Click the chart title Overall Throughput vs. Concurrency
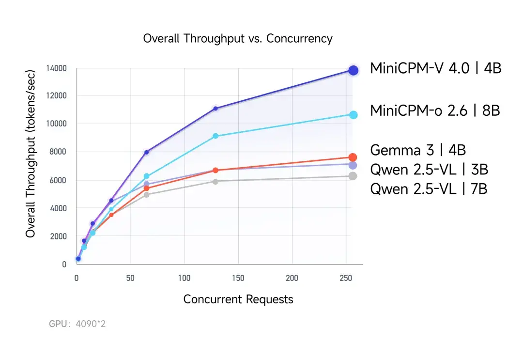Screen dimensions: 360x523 click(x=237, y=39)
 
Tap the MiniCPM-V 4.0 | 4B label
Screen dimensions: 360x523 click(x=435, y=68)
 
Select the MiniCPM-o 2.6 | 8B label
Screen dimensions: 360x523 click(x=435, y=111)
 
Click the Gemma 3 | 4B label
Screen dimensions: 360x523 click(x=417, y=150)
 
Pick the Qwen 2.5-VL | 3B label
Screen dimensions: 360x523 click(x=429, y=170)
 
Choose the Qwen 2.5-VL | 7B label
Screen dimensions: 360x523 click(x=429, y=188)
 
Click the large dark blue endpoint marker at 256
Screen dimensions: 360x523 click(x=354, y=70)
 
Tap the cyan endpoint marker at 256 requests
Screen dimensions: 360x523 click(x=353, y=115)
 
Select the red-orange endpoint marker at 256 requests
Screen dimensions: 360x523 click(x=353, y=157)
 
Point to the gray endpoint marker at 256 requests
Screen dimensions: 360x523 click(x=353, y=176)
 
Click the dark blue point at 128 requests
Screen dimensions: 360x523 click(x=215, y=109)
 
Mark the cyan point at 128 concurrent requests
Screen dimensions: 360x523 click(x=215, y=136)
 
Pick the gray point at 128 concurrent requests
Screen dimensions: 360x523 click(x=215, y=181)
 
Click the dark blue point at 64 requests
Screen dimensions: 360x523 click(x=147, y=152)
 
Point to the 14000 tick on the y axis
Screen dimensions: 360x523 click(x=56, y=68)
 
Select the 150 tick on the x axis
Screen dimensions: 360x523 click(x=238, y=278)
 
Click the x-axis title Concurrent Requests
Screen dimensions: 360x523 click(x=238, y=299)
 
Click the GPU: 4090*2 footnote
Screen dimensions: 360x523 click(x=77, y=323)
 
